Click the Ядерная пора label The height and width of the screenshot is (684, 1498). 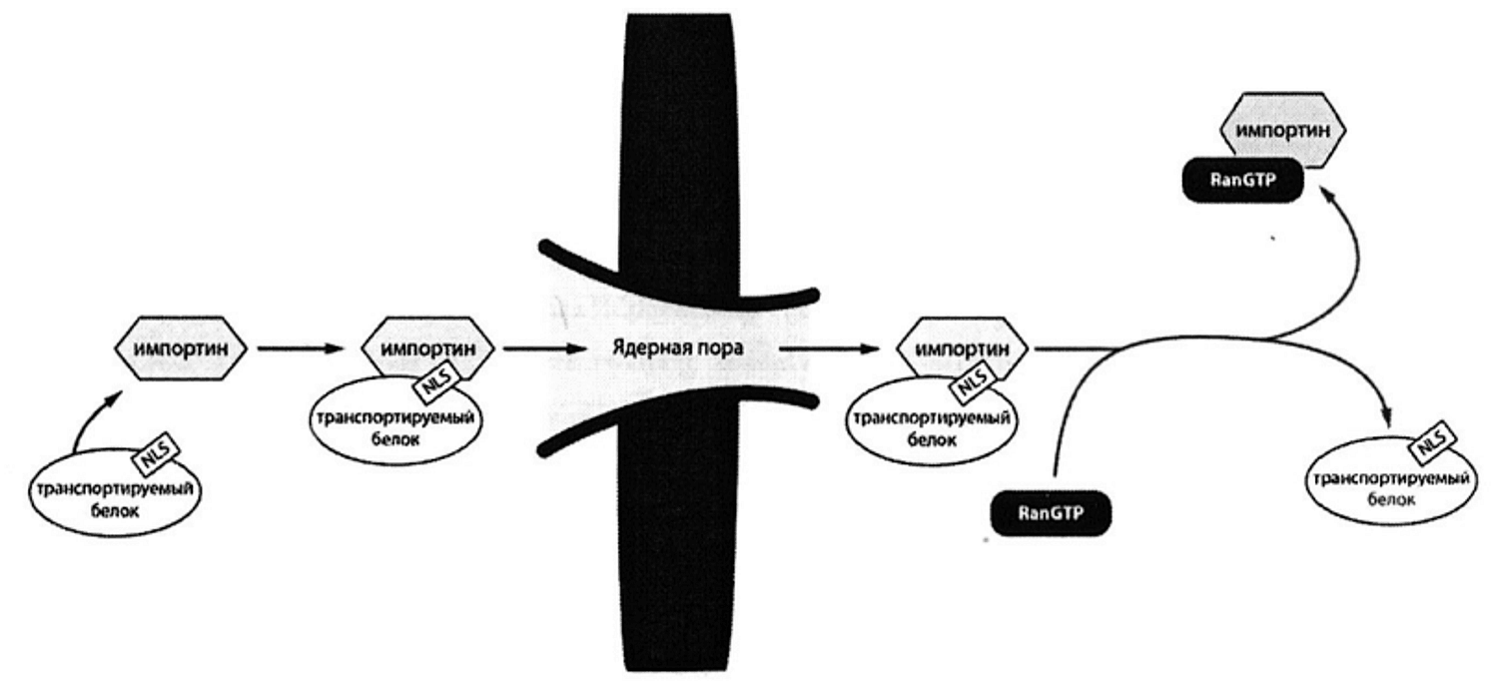pos(678,348)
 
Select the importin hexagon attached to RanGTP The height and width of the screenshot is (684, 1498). pos(1282,130)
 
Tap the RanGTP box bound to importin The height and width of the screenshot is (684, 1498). pos(1242,180)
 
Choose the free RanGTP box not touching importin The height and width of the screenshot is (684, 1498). pos(1050,513)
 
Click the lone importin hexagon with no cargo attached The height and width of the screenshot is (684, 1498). pos(181,348)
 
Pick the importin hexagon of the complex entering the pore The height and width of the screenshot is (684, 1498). pos(428,347)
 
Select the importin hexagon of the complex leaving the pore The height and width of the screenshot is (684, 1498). pos(962,347)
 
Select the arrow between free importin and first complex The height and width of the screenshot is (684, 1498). pos(300,348)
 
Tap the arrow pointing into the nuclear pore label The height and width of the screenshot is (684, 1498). pos(544,348)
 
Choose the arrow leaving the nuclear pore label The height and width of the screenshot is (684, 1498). pos(829,348)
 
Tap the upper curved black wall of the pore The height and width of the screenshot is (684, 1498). pos(679,276)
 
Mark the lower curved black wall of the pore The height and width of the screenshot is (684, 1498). pos(679,420)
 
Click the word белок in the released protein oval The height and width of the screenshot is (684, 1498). pos(1391,499)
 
